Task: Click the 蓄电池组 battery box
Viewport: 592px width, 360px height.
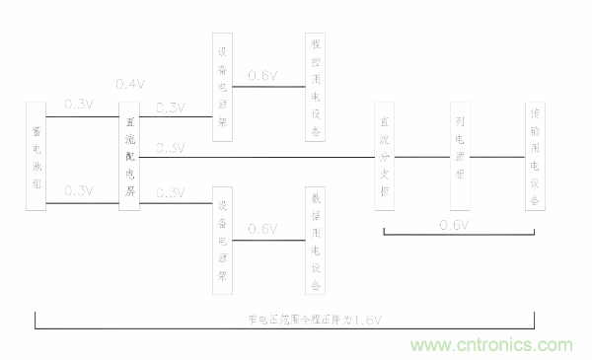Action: point(39,156)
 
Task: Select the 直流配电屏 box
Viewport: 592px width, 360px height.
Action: point(131,156)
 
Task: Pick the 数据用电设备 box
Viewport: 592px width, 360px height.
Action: point(316,243)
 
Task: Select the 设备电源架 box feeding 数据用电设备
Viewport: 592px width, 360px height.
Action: point(223,243)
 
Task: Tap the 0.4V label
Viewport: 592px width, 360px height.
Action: point(130,83)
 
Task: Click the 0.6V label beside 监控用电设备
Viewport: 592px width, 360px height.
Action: point(262,76)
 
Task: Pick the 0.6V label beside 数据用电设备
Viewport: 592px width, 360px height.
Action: point(262,229)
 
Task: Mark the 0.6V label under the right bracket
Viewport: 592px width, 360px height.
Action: point(454,226)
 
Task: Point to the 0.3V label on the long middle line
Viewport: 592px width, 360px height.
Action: point(171,148)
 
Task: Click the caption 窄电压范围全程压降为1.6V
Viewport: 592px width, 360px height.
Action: point(315,320)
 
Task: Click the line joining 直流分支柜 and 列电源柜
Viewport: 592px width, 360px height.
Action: point(421,156)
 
